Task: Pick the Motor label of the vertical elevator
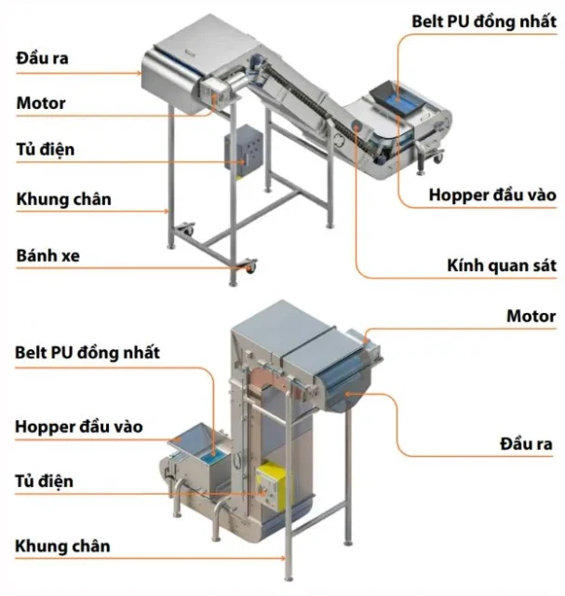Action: [x=531, y=317]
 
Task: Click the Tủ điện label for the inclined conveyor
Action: [x=46, y=150]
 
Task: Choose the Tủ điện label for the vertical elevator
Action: [x=46, y=481]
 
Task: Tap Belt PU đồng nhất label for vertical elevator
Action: [x=87, y=353]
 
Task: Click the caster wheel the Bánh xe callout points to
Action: [x=249, y=267]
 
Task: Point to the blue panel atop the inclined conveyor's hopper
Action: [x=397, y=94]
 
